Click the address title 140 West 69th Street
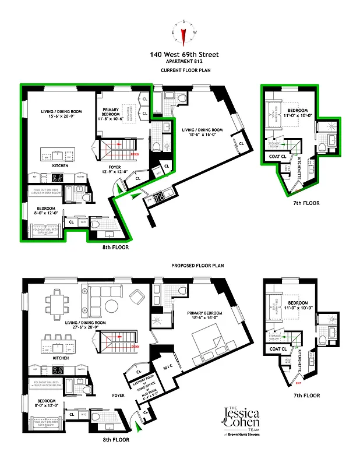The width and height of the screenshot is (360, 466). pyautogui.click(x=184, y=55)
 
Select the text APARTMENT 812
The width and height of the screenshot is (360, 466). pyautogui.click(x=184, y=62)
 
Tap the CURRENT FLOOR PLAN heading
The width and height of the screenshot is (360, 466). pyautogui.click(x=184, y=70)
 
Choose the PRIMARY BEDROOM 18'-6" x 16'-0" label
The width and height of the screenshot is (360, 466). pyautogui.click(x=203, y=315)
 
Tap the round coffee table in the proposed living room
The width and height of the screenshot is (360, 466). pyautogui.click(x=111, y=305)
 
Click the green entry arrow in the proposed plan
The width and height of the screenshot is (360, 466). pyautogui.click(x=137, y=429)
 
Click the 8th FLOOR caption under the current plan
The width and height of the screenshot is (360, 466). pyautogui.click(x=114, y=247)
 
